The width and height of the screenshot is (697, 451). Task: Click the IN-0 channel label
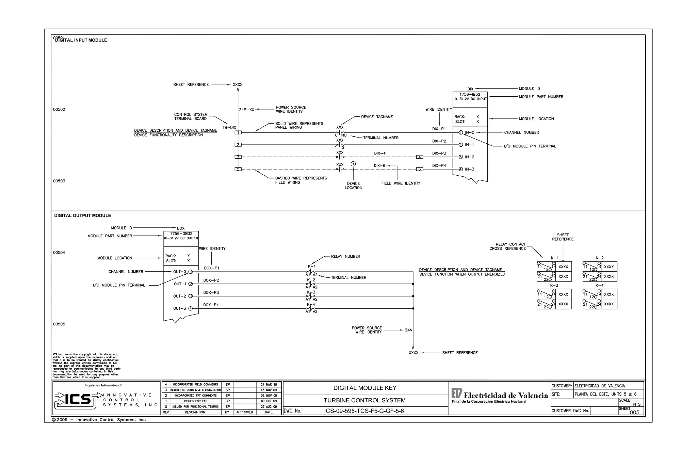pos(470,132)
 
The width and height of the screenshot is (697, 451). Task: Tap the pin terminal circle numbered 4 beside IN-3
pos(460,169)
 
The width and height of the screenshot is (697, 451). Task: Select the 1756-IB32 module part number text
pos(470,94)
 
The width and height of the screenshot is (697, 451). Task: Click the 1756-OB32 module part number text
pos(181,234)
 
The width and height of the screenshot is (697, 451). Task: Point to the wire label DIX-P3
pos(439,154)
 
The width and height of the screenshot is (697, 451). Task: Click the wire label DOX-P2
pos(211,280)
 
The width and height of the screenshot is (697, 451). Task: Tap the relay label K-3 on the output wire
pos(311,292)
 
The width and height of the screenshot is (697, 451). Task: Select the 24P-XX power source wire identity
pos(246,110)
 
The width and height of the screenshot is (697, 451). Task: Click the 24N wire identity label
pos(408,330)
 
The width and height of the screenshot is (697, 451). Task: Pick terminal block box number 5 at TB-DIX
pos(238,169)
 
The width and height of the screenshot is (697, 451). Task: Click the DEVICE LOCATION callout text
pos(353,186)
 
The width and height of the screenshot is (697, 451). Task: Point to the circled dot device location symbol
pos(353,164)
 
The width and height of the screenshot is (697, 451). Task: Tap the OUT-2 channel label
pos(179,296)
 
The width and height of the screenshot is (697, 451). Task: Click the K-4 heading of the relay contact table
pos(599,286)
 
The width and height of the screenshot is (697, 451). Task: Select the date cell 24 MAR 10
pos(269,385)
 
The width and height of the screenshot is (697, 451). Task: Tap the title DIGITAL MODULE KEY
pos(365,388)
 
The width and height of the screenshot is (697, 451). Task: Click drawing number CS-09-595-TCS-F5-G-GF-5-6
pos(364,411)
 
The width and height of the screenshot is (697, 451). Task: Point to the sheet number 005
pos(634,412)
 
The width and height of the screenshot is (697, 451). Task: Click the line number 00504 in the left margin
pos(59,253)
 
